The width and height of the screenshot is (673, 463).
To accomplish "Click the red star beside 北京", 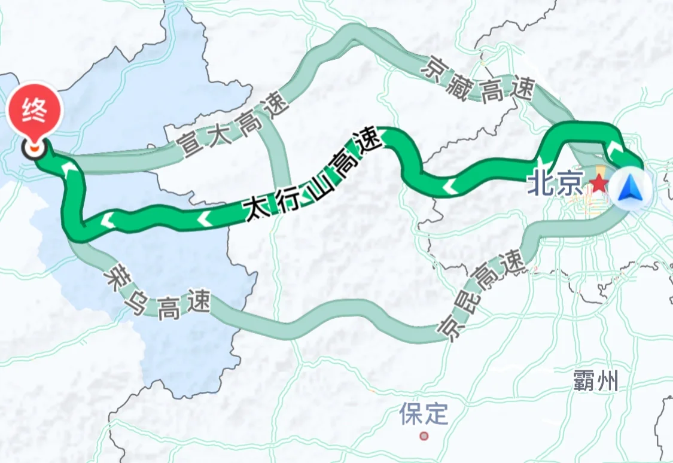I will tap(599, 184).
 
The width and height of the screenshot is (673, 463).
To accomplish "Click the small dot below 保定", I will tap(424, 435).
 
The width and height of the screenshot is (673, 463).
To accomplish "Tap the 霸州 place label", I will tap(595, 380).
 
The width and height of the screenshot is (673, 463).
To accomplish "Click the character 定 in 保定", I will tap(437, 413).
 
